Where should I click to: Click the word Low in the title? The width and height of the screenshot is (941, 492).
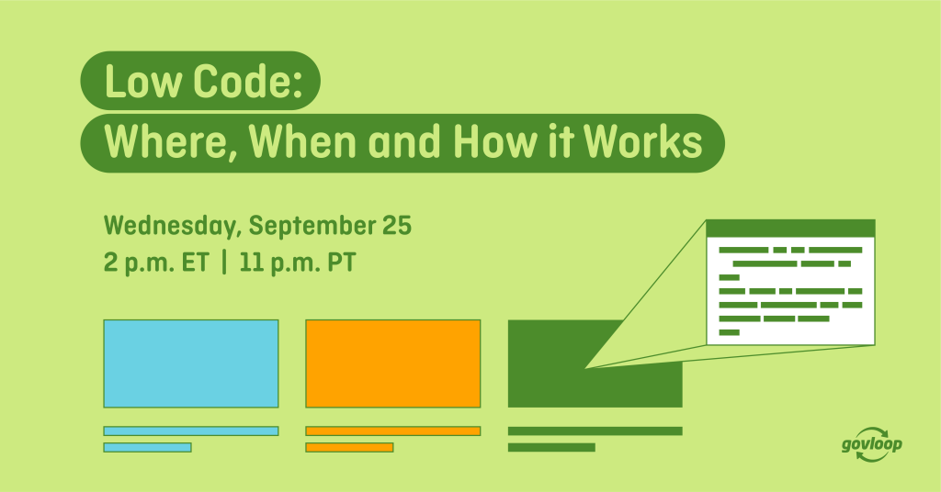pos(142,81)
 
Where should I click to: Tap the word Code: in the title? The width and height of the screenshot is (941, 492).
pos(246,81)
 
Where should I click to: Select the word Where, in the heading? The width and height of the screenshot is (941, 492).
pos(171,143)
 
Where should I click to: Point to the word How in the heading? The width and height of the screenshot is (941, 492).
pos(495,141)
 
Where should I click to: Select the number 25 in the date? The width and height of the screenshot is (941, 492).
pos(397,226)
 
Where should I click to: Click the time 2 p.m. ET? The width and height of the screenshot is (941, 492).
pos(156,263)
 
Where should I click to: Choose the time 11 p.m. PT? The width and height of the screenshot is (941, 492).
pos(298,263)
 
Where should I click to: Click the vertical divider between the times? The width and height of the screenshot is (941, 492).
pos(224,263)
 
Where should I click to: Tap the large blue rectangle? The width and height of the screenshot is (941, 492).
pos(191,363)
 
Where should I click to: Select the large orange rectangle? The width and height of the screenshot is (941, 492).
pos(393,363)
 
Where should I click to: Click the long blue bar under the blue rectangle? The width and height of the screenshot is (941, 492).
pos(191,430)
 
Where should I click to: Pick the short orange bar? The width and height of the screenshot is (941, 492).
pos(349,448)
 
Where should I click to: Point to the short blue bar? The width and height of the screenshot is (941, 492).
pos(147,448)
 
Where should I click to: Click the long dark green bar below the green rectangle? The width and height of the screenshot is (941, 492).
pos(595,430)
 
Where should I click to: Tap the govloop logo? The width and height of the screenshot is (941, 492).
pos(872,444)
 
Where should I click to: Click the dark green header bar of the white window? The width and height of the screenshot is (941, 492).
pos(790,229)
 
